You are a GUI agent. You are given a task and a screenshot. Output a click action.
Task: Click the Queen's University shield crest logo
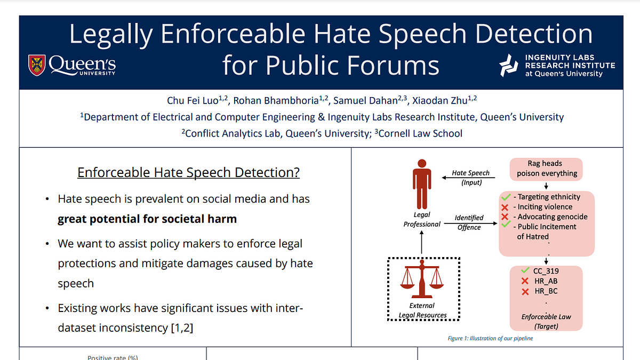pyautogui.click(x=37, y=65)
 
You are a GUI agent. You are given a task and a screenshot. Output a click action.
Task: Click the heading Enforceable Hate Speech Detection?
pyautogui.click(x=188, y=173)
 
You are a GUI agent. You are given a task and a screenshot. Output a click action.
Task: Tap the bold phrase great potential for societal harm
pyautogui.click(x=147, y=219)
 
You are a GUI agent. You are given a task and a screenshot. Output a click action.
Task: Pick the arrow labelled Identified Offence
pyautogui.click(x=469, y=222)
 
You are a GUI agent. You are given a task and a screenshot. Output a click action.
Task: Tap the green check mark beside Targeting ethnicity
pyautogui.click(x=506, y=197)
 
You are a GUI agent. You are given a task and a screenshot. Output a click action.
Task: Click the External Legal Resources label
pyautogui.click(x=422, y=310)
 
